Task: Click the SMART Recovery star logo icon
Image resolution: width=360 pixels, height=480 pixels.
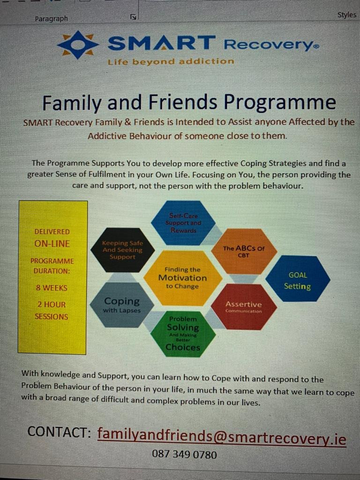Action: [x=78, y=45]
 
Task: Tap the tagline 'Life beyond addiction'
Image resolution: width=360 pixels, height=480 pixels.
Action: [x=171, y=61]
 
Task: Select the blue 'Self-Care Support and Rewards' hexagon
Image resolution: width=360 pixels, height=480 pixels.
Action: [x=183, y=223]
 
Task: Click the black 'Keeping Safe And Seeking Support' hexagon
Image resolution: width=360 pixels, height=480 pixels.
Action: [x=122, y=250]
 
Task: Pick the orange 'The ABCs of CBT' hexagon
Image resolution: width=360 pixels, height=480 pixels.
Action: [x=244, y=251]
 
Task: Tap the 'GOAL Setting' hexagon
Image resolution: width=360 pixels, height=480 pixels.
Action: [x=298, y=278]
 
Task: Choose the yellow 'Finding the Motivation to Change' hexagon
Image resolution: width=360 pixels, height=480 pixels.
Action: [x=183, y=278]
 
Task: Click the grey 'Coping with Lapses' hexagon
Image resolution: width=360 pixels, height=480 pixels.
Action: [x=122, y=305]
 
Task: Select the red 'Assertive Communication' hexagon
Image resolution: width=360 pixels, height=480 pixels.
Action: [x=244, y=307]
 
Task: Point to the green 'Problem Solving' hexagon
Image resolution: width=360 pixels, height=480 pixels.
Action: [x=183, y=334]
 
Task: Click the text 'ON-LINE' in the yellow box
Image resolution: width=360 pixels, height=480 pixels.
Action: [x=52, y=244]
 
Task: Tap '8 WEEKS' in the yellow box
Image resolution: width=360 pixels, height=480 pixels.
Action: [x=52, y=288]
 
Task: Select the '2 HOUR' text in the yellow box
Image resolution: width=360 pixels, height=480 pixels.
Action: [x=52, y=305]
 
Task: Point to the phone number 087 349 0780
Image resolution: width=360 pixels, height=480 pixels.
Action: [x=184, y=454]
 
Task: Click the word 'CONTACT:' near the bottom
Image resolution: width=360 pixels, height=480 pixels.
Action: [x=59, y=432]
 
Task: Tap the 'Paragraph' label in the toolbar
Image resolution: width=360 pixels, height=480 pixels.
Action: [x=51, y=19]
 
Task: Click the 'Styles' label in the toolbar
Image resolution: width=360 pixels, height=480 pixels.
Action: [x=347, y=15]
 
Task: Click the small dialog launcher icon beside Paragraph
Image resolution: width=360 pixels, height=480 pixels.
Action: [x=133, y=17]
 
